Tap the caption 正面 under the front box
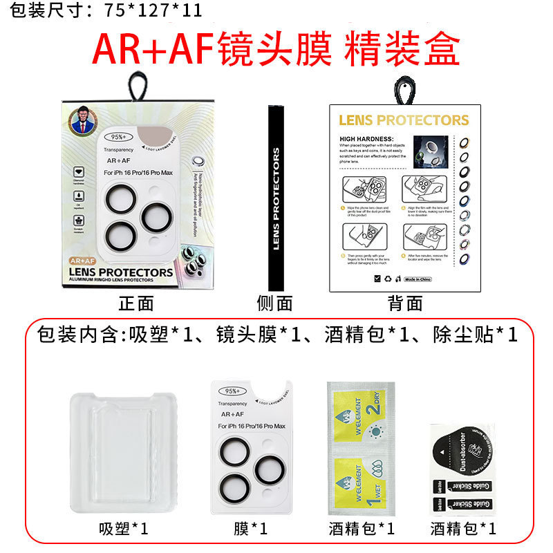[x=136, y=302]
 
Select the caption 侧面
[x=275, y=302]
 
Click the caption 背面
[x=405, y=302]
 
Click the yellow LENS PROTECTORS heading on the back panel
[x=404, y=120]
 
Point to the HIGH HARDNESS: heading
[x=366, y=138]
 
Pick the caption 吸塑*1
[x=123, y=529]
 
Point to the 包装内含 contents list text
[x=276, y=335]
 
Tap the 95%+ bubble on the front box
[x=119, y=136]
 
